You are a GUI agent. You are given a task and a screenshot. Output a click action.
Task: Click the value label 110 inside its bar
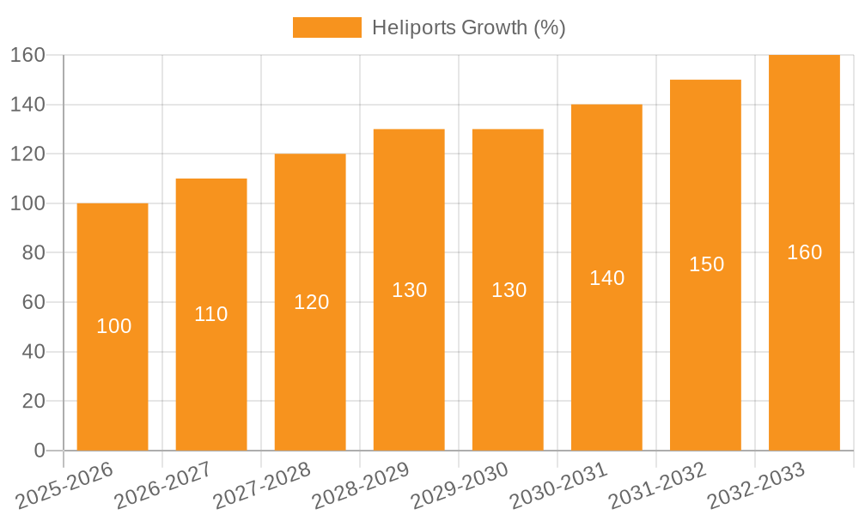click(211, 314)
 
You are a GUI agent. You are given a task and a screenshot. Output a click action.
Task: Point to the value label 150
click(707, 264)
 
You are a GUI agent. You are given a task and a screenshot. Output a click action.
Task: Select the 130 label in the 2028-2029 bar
click(410, 290)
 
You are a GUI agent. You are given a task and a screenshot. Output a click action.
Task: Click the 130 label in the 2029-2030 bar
click(509, 290)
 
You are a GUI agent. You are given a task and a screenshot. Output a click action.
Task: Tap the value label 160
click(805, 252)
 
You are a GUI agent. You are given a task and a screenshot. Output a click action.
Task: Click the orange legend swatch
click(326, 27)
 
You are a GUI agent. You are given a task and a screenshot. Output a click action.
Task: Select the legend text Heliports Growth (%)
click(468, 27)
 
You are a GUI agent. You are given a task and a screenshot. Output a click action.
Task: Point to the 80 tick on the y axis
click(34, 253)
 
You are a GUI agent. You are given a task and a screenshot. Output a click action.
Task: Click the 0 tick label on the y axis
click(39, 451)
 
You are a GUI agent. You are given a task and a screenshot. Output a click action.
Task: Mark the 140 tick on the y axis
click(27, 105)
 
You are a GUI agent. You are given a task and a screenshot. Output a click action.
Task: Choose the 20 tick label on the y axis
click(34, 401)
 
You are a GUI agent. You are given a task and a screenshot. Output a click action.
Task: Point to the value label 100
click(114, 326)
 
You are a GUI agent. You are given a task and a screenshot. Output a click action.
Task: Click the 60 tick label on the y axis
click(34, 302)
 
